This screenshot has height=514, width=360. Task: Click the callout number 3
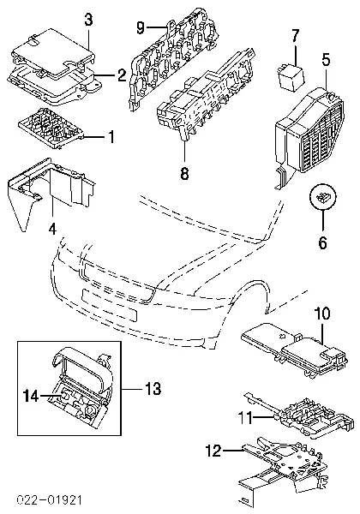(x=88, y=20)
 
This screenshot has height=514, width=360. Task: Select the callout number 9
(x=141, y=28)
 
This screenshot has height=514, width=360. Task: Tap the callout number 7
(x=295, y=35)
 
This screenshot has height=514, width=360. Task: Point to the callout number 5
(x=326, y=60)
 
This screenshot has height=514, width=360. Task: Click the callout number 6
(x=322, y=242)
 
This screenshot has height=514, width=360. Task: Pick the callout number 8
(x=184, y=173)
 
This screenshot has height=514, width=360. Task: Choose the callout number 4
(x=52, y=229)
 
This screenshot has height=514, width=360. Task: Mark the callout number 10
(x=322, y=313)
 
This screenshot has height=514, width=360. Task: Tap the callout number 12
(x=213, y=451)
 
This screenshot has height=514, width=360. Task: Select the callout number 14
(x=31, y=396)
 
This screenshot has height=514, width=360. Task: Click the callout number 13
(x=153, y=388)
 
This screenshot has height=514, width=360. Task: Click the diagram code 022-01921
(x=49, y=500)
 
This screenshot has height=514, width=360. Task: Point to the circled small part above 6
(x=322, y=197)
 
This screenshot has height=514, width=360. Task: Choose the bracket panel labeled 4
(x=49, y=187)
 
